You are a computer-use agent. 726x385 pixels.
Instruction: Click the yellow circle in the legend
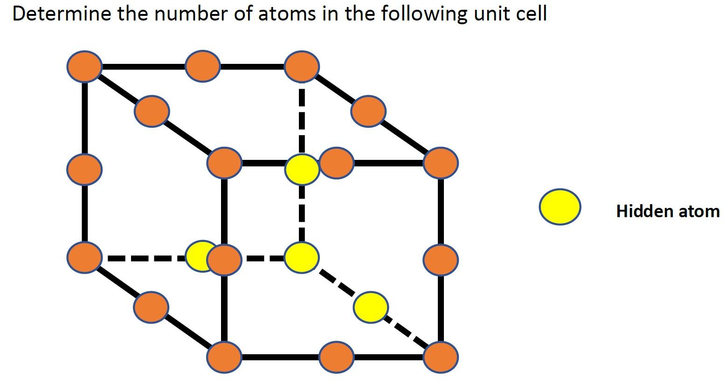(560, 207)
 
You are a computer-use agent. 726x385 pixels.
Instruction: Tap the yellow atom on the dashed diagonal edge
(370, 307)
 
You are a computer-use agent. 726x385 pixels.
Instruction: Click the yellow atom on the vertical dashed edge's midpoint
(302, 170)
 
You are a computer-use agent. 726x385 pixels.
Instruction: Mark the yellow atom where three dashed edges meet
(302, 257)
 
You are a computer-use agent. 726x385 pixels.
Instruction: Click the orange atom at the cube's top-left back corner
(84, 67)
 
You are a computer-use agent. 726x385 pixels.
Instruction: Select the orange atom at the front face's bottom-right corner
(441, 357)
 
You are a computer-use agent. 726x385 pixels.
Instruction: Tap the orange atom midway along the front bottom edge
(337, 357)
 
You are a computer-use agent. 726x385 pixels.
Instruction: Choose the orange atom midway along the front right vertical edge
(441, 260)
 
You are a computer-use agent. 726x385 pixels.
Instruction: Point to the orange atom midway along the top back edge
(202, 67)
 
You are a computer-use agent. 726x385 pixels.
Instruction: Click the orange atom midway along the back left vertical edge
(84, 168)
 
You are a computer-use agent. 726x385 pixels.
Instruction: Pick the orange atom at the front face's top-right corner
(441, 163)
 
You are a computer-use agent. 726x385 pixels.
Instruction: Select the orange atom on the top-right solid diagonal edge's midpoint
(368, 111)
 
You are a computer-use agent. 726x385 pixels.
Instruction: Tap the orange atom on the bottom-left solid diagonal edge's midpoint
(151, 307)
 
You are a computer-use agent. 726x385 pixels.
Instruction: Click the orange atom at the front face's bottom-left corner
(224, 357)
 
